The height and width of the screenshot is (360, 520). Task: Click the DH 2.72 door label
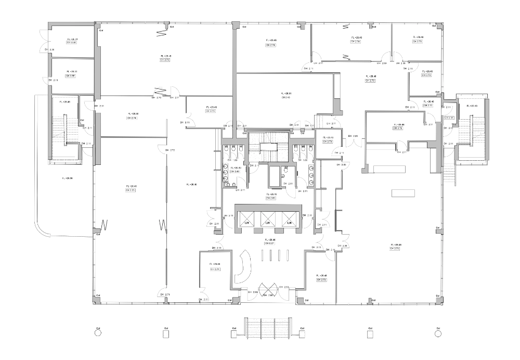[x=170, y=150]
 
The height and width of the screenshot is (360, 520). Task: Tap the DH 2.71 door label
[x=165, y=295]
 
